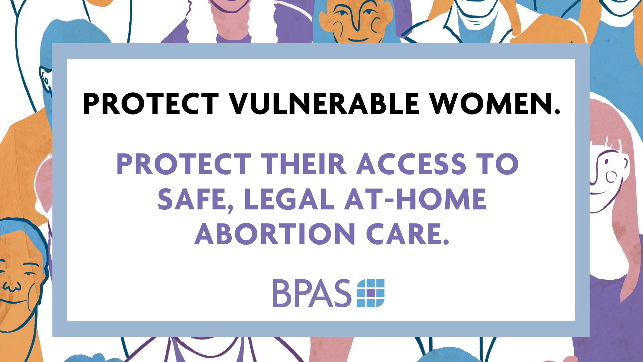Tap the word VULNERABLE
tap(324, 104)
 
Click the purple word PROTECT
tap(184, 164)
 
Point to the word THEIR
tap(304, 164)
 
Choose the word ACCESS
tap(411, 164)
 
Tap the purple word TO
tap(497, 164)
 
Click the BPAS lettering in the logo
tap(312, 293)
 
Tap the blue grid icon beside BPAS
tap(371, 293)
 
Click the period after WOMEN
tap(557, 111)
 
